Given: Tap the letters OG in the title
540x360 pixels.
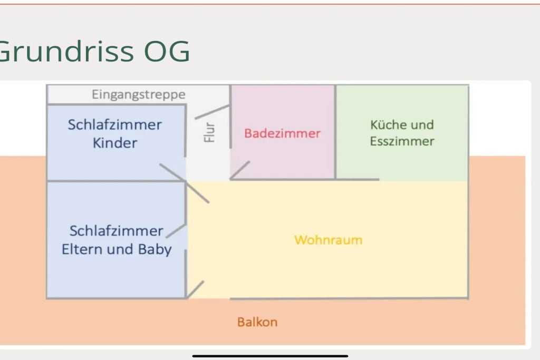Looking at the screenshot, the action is pyautogui.click(x=167, y=51).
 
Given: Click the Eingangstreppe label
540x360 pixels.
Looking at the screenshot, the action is pyautogui.click(x=139, y=95).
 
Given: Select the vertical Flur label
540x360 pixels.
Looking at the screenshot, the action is pyautogui.click(x=209, y=132).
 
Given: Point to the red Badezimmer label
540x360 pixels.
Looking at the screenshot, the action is pyautogui.click(x=283, y=133).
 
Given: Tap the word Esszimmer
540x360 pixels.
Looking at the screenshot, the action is pyautogui.click(x=402, y=141).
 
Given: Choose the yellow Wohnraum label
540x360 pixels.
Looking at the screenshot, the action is pyautogui.click(x=328, y=240).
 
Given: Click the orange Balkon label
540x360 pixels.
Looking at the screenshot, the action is pyautogui.click(x=257, y=322).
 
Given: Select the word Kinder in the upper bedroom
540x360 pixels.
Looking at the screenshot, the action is pyautogui.click(x=115, y=143).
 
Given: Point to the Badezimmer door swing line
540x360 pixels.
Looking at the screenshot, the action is pyautogui.click(x=240, y=170).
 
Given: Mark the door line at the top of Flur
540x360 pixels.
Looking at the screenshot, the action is pyautogui.click(x=212, y=112).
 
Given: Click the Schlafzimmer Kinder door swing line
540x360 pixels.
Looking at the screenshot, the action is pyautogui.click(x=172, y=172).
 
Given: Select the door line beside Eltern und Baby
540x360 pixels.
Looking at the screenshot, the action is pyautogui.click(x=176, y=230).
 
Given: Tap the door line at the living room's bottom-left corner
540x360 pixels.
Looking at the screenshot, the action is pyautogui.click(x=195, y=289).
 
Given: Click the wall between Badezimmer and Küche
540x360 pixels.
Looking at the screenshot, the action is pyautogui.click(x=335, y=132).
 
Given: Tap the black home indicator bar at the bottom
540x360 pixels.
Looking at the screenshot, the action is pyautogui.click(x=271, y=356).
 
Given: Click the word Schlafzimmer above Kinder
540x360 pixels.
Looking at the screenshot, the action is pyautogui.click(x=114, y=125).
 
